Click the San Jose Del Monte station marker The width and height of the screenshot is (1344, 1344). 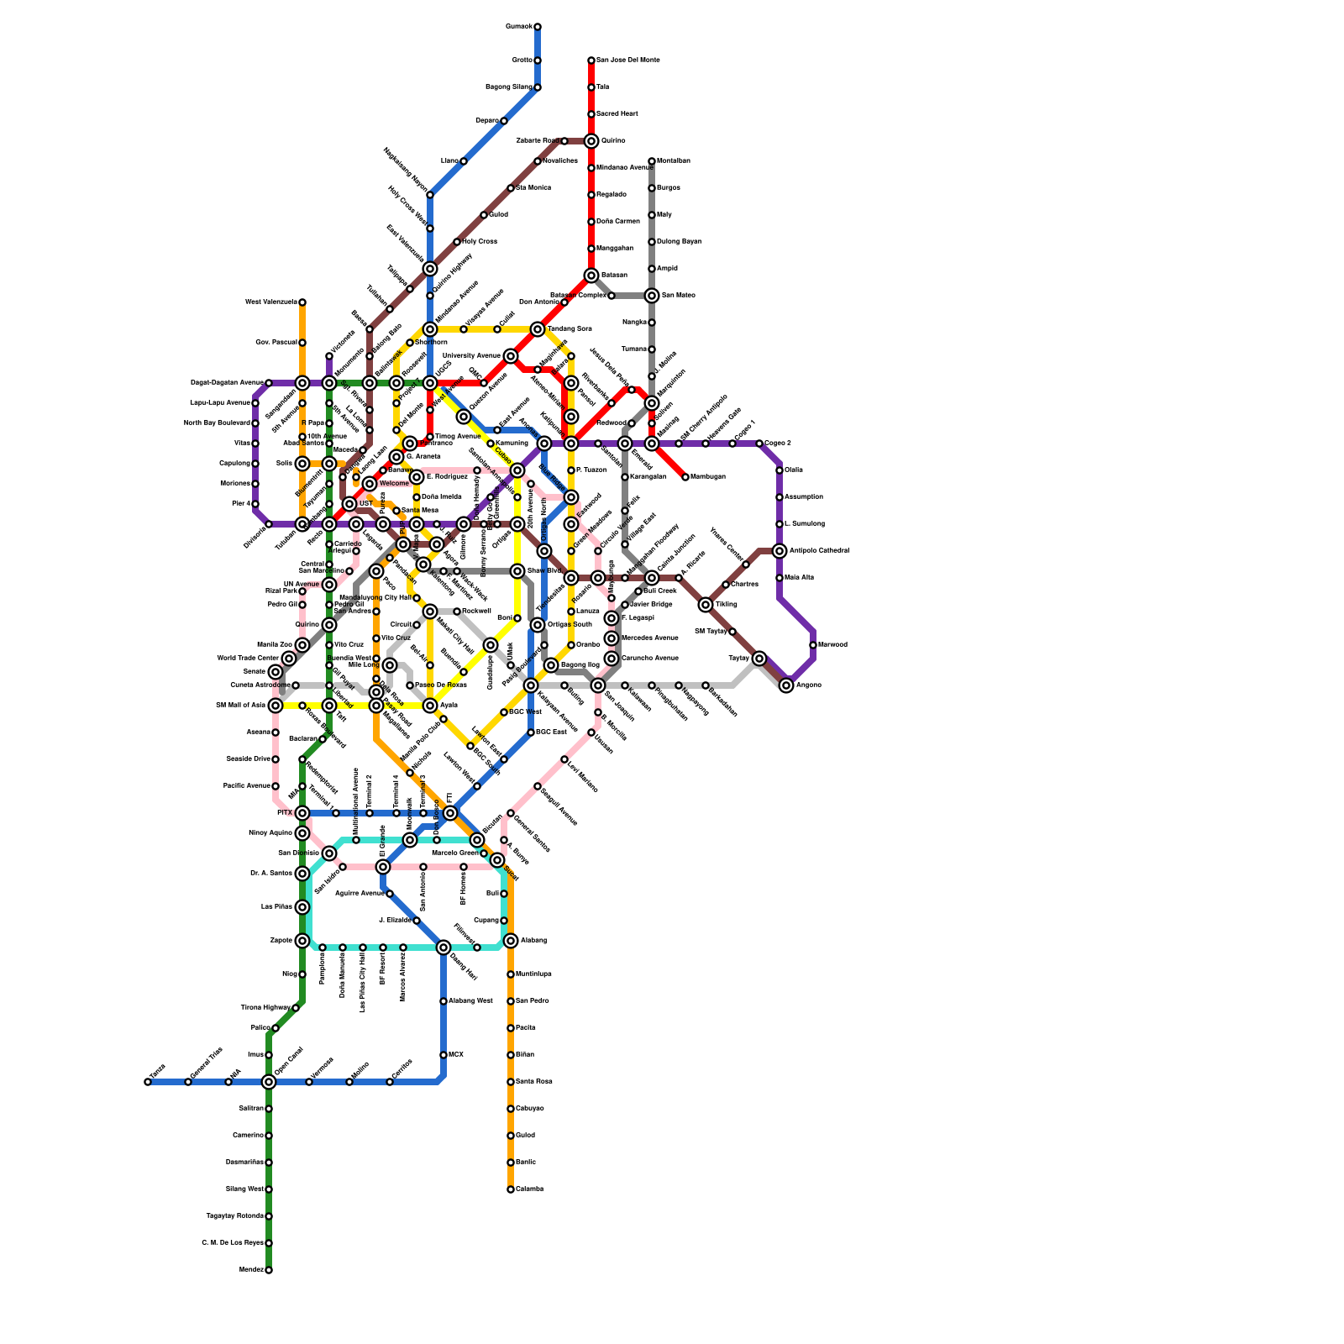591,60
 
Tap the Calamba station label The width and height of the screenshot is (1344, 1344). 529,1189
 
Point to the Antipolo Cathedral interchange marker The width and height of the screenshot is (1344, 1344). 780,551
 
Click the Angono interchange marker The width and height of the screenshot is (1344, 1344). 786,685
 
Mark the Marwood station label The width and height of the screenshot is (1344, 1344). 832,645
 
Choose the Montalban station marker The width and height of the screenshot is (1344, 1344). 652,161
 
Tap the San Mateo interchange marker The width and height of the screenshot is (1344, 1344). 652,296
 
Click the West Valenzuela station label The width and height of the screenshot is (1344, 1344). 270,302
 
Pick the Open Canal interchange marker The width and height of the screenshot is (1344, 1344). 269,1082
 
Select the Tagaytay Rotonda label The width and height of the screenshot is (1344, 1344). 234,1216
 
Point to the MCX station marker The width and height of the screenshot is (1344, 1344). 444,1055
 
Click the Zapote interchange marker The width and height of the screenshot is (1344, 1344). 302,941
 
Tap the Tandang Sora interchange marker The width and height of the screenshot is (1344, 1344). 538,329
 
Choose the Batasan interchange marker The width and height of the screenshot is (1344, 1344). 591,276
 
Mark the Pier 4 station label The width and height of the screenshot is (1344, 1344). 240,504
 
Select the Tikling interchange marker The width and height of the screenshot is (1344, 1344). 706,605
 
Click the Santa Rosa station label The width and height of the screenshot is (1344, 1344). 534,1082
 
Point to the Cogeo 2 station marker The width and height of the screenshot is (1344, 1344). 759,444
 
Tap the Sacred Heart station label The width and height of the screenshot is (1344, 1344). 617,114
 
